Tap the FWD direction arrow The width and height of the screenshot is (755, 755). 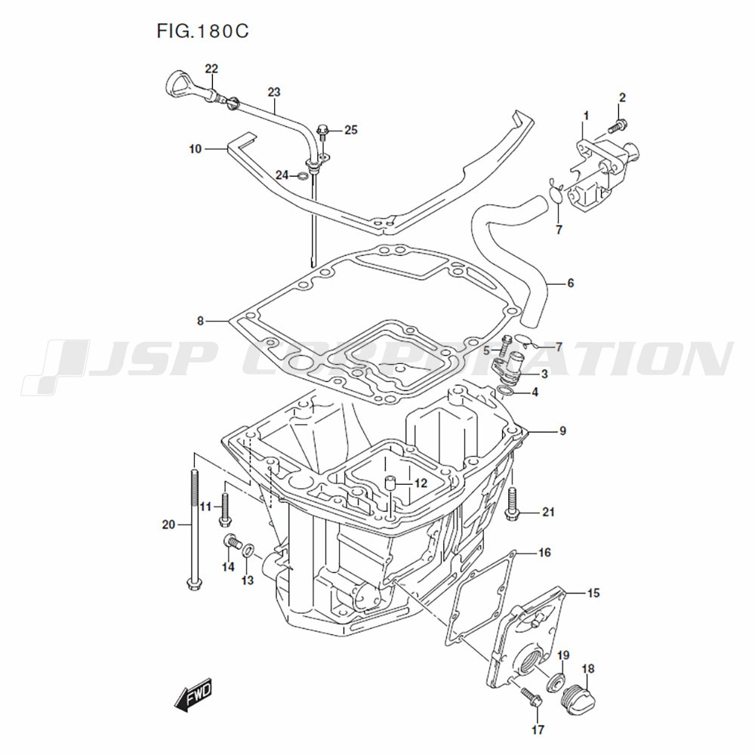point(194,694)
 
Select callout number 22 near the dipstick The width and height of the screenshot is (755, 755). point(211,69)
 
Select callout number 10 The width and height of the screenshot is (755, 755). point(196,149)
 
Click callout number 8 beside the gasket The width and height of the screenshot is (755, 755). point(200,321)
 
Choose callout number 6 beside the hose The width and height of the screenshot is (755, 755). point(570,284)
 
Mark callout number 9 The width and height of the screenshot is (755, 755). point(562,432)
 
